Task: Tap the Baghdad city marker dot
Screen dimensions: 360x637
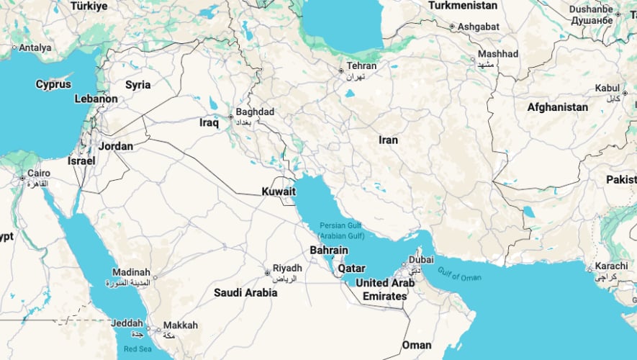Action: pos(230,117)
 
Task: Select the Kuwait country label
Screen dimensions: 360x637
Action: pos(279,192)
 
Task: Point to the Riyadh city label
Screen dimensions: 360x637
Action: pos(287,269)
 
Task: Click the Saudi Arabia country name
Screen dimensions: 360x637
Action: pos(245,293)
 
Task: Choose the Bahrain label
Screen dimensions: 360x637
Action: pos(328,251)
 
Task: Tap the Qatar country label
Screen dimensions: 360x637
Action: pos(351,269)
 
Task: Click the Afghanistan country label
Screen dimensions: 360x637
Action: pos(557,107)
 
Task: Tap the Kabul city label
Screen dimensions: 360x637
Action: pos(607,89)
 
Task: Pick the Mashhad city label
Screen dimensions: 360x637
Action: pos(498,54)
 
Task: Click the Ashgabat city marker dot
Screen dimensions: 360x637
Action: pos(451,27)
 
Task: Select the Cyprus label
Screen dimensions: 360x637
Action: pos(53,84)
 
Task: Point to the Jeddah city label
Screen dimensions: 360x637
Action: pos(127,324)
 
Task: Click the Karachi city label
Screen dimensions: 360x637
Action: pos(611,265)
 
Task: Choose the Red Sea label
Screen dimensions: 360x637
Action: pos(137,348)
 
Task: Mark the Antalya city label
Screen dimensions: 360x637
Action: pos(35,48)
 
